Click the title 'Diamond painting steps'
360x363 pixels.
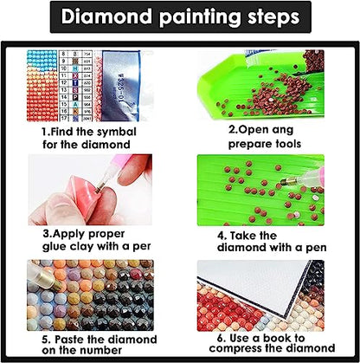tap(180, 17)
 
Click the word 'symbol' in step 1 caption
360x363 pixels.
tap(115, 131)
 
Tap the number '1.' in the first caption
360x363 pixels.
tap(46, 131)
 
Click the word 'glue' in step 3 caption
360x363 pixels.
tap(55, 246)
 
